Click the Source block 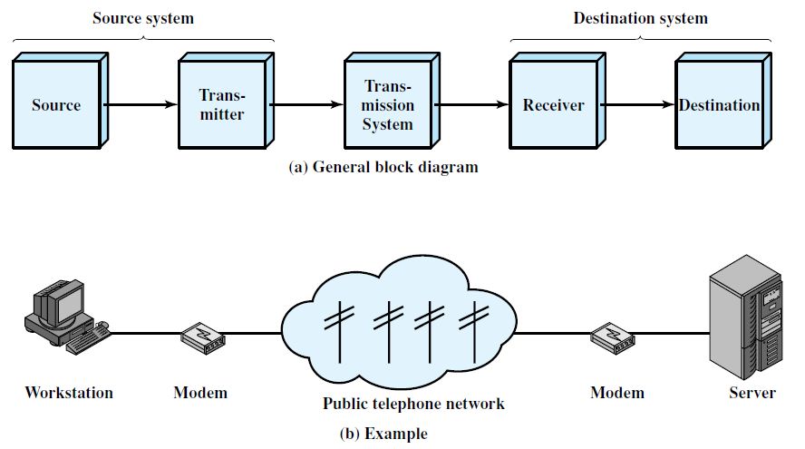(x=56, y=105)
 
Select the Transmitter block (x=222, y=105)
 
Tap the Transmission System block (x=388, y=105)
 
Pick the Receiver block (x=553, y=105)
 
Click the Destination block (x=719, y=105)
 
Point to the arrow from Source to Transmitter (x=141, y=105)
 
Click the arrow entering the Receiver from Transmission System (x=471, y=105)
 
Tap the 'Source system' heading (x=143, y=18)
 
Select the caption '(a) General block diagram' (x=383, y=168)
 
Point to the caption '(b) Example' (x=383, y=434)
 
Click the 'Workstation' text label (x=69, y=393)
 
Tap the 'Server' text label (x=752, y=393)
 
